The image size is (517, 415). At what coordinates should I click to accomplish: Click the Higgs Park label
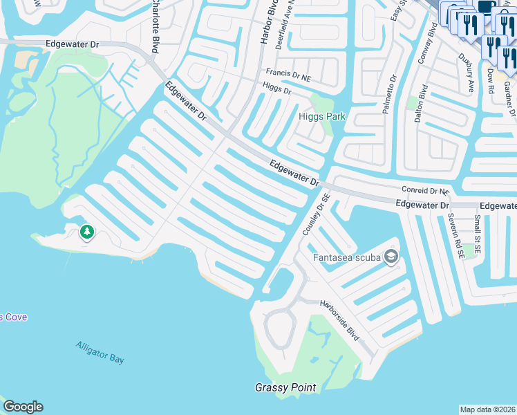pos(321,116)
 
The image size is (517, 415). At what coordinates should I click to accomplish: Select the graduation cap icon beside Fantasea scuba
pos(391,258)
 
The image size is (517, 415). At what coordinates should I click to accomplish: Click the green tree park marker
pos(86,232)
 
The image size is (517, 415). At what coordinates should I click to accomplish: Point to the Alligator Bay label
pos(101,352)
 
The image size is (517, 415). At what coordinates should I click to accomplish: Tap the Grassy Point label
pos(285,387)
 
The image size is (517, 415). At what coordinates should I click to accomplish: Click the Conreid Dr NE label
pos(425,190)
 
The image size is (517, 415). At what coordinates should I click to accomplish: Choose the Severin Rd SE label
pos(456,235)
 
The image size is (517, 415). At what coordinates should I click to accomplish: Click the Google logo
pos(23,407)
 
